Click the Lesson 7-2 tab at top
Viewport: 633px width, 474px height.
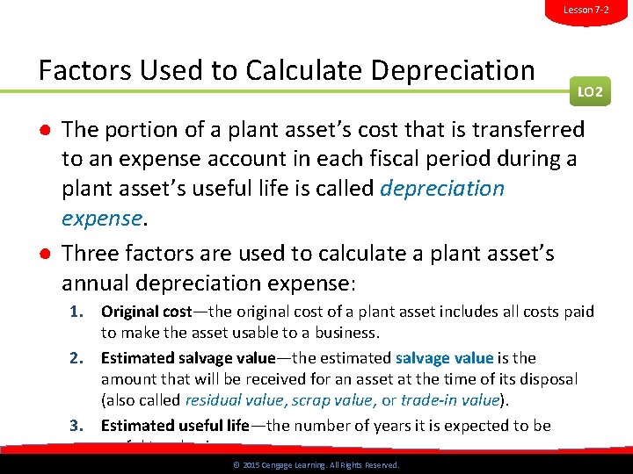(586, 10)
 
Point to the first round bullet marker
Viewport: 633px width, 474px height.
(43, 131)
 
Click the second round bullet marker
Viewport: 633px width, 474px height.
(43, 255)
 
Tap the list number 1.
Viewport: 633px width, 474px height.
(78, 312)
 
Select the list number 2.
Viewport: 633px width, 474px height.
(78, 358)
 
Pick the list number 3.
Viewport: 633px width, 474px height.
(78, 426)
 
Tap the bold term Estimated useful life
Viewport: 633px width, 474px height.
(175, 426)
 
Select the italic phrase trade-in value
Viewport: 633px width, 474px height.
(449, 400)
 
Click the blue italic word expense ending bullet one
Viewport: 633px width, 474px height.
(101, 217)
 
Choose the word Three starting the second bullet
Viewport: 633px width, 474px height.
(91, 254)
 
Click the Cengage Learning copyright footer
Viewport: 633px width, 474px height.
(316, 465)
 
